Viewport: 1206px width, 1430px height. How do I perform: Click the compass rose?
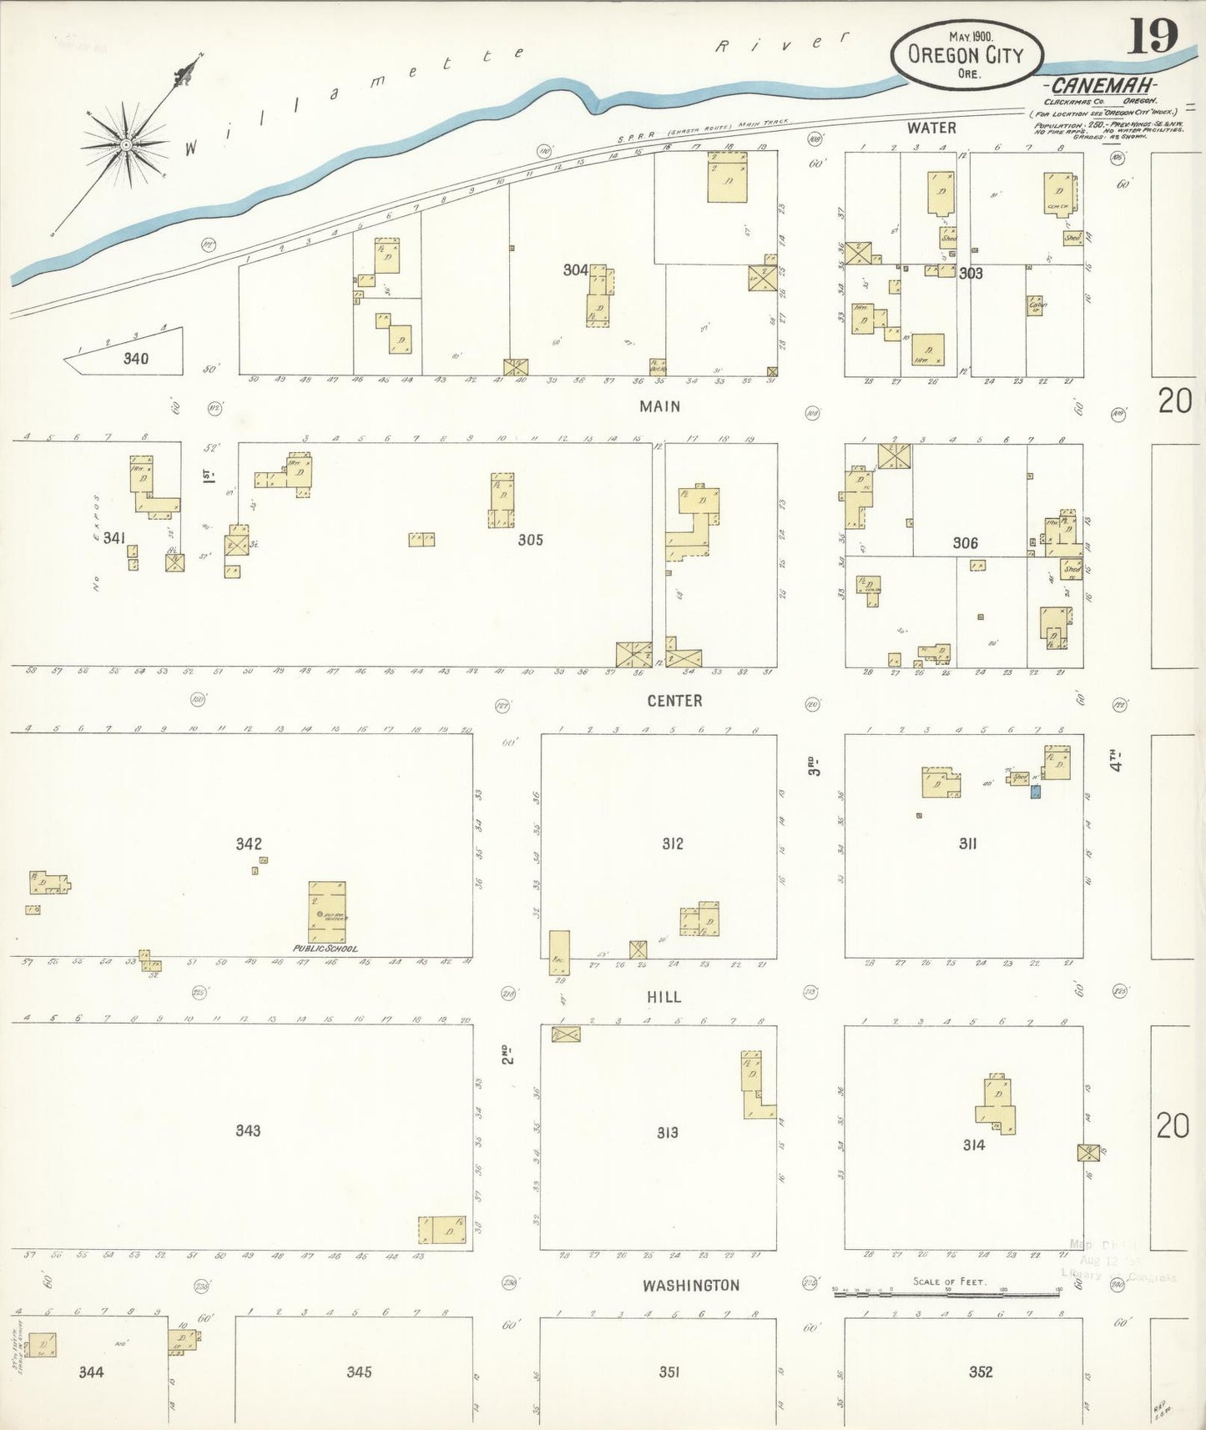pyautogui.click(x=126, y=144)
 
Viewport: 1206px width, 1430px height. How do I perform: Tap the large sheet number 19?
pyautogui.click(x=1153, y=36)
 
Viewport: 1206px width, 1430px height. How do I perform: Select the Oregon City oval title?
pyautogui.click(x=966, y=55)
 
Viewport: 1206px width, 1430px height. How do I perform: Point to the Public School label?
pyautogui.click(x=325, y=949)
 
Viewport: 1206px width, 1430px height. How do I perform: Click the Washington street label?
pyautogui.click(x=691, y=1286)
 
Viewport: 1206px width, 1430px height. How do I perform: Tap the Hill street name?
pyautogui.click(x=664, y=997)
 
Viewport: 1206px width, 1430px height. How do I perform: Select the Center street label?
pyautogui.click(x=674, y=701)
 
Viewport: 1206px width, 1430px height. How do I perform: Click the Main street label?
pyautogui.click(x=659, y=406)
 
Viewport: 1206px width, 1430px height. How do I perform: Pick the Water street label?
pyautogui.click(x=931, y=128)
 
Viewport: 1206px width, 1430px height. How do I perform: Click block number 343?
pyautogui.click(x=248, y=1130)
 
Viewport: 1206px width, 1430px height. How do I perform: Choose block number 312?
pyautogui.click(x=672, y=843)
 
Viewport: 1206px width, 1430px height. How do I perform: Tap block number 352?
pyautogui.click(x=980, y=1372)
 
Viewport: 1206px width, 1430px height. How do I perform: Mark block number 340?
pyautogui.click(x=135, y=359)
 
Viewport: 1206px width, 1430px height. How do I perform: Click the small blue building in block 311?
pyautogui.click(x=1036, y=790)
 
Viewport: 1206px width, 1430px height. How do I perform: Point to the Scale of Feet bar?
pyautogui.click(x=946, y=1292)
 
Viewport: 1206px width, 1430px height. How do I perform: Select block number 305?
pyautogui.click(x=530, y=540)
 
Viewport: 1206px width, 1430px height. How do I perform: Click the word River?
pyautogui.click(x=782, y=43)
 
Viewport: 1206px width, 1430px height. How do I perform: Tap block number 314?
pyautogui.click(x=973, y=1145)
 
